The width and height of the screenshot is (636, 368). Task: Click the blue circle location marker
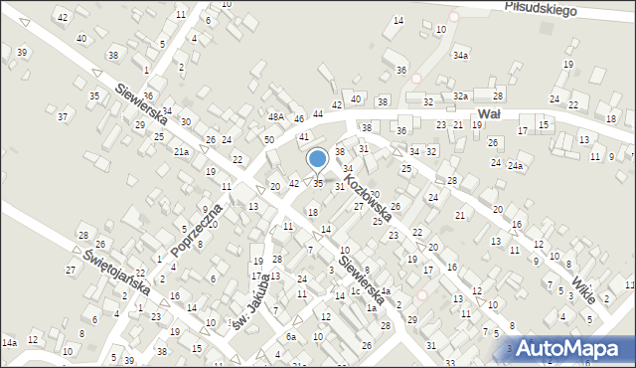318,158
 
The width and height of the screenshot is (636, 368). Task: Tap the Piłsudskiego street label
541,8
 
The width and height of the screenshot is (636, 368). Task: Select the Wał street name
488,114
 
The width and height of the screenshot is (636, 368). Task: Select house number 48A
275,117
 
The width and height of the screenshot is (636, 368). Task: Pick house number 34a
460,56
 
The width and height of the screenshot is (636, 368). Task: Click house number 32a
460,95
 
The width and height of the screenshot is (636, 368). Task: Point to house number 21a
181,152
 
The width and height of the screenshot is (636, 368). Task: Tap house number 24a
514,166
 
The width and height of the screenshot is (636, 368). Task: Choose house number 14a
9,342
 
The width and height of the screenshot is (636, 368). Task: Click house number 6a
291,337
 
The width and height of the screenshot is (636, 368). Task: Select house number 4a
386,291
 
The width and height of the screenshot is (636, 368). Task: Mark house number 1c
355,291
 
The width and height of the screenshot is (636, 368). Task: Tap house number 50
268,140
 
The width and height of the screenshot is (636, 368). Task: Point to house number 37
62,117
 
